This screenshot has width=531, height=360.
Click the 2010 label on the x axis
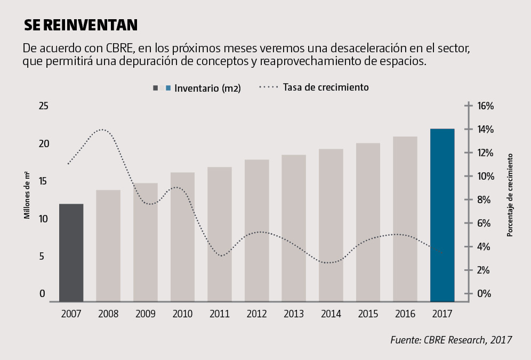(x=182, y=314)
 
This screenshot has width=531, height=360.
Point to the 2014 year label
(x=331, y=314)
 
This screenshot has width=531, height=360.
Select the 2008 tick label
(x=108, y=314)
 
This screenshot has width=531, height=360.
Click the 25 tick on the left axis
(x=44, y=106)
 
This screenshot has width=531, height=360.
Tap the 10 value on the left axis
(x=44, y=219)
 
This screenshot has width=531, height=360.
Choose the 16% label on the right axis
(x=485, y=106)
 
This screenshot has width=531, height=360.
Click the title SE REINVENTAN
(x=81, y=25)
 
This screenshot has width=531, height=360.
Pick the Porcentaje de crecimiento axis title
(x=510, y=195)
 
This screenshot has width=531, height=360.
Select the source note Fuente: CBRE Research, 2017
(x=451, y=340)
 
